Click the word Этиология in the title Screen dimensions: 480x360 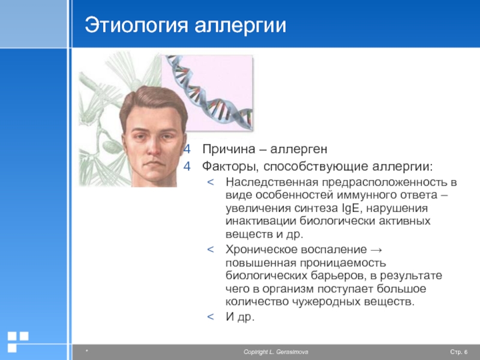pyautogui.click(x=136, y=25)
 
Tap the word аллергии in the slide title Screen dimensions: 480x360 pyautogui.click(x=241, y=26)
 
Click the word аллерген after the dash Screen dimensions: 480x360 pyautogui.click(x=299, y=149)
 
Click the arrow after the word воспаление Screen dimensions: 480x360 pyautogui.click(x=376, y=250)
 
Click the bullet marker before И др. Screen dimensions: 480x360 pyautogui.click(x=211, y=317)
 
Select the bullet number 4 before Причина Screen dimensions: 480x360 pyautogui.click(x=187, y=149)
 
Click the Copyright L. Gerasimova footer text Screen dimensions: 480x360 pyautogui.click(x=276, y=352)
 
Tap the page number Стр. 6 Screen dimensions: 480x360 pyautogui.click(x=458, y=352)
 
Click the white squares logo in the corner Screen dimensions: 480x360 pyautogui.click(x=18, y=341)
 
